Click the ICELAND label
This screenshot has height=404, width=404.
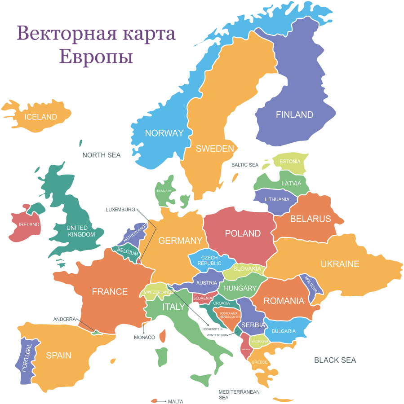pyautogui.click(x=41, y=117)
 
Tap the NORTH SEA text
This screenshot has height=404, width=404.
pyautogui.click(x=102, y=155)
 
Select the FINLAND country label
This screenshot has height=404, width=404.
pyautogui.click(x=294, y=115)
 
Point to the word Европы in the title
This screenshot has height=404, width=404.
pyautogui.click(x=96, y=57)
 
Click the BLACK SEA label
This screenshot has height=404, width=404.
pyautogui.click(x=335, y=360)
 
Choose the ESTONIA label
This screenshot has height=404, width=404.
pyautogui.click(x=290, y=162)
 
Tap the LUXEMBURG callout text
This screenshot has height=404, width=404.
pyautogui.click(x=120, y=210)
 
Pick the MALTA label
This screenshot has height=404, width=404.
pyautogui.click(x=176, y=401)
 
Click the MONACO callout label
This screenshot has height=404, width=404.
pyautogui.click(x=144, y=337)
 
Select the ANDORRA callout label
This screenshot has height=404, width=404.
pyautogui.click(x=65, y=319)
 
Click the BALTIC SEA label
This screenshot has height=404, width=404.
pyautogui.click(x=245, y=165)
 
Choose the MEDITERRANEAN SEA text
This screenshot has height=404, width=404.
pyautogui.click(x=239, y=395)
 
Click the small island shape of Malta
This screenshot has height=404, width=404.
pyautogui.click(x=155, y=400)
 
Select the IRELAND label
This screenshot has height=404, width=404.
pyautogui.click(x=29, y=224)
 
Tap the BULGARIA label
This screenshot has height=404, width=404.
pyautogui.click(x=284, y=331)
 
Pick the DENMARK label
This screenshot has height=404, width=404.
pyautogui.click(x=164, y=191)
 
